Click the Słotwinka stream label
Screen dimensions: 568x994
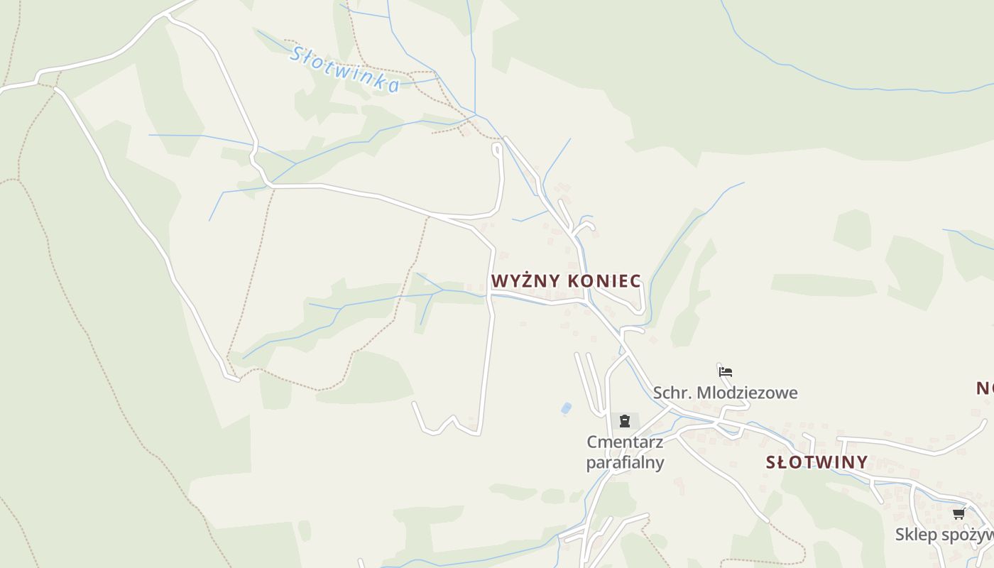point(346,69)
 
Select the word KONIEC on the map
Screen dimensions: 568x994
point(605,281)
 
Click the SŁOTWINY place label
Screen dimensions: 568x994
point(816,462)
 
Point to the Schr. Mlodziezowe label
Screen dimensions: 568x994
point(725,393)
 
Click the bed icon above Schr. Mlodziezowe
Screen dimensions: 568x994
point(725,371)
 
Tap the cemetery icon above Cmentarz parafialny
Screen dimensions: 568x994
point(624,421)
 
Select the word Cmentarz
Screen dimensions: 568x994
point(625,442)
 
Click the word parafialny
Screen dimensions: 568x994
point(625,462)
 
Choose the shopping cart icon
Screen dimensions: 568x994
point(958,513)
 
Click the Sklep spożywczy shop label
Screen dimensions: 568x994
point(944,534)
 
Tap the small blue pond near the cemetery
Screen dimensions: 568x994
point(566,408)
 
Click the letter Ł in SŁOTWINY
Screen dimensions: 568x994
point(782,462)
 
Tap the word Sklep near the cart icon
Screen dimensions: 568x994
point(917,534)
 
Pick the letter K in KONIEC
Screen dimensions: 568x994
point(573,281)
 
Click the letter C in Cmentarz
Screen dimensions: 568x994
point(591,442)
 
